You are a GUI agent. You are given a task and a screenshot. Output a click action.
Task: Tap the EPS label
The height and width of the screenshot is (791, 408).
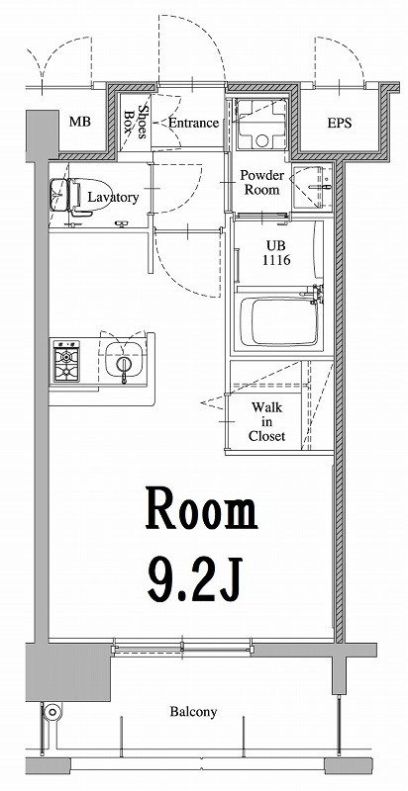coord(340,124)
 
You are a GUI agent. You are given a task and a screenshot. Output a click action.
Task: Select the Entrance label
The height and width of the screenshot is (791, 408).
coord(193,123)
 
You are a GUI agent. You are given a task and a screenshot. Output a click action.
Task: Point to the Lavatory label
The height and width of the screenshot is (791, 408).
coord(113,197)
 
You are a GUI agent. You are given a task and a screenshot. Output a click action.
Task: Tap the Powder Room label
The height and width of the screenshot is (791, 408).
coord(262,182)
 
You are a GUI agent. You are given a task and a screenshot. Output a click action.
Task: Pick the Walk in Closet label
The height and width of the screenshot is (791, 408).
coord(267,420)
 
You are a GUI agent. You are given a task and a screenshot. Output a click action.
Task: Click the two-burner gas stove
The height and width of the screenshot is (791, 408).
coord(68,362)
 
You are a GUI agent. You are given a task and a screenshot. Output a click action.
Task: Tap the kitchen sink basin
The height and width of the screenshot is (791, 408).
coord(124,362)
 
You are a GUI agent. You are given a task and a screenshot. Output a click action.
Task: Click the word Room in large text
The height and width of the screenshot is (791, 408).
coord(202,512)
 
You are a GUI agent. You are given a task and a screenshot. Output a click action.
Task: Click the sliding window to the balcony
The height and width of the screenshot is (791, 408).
coord(182,650)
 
